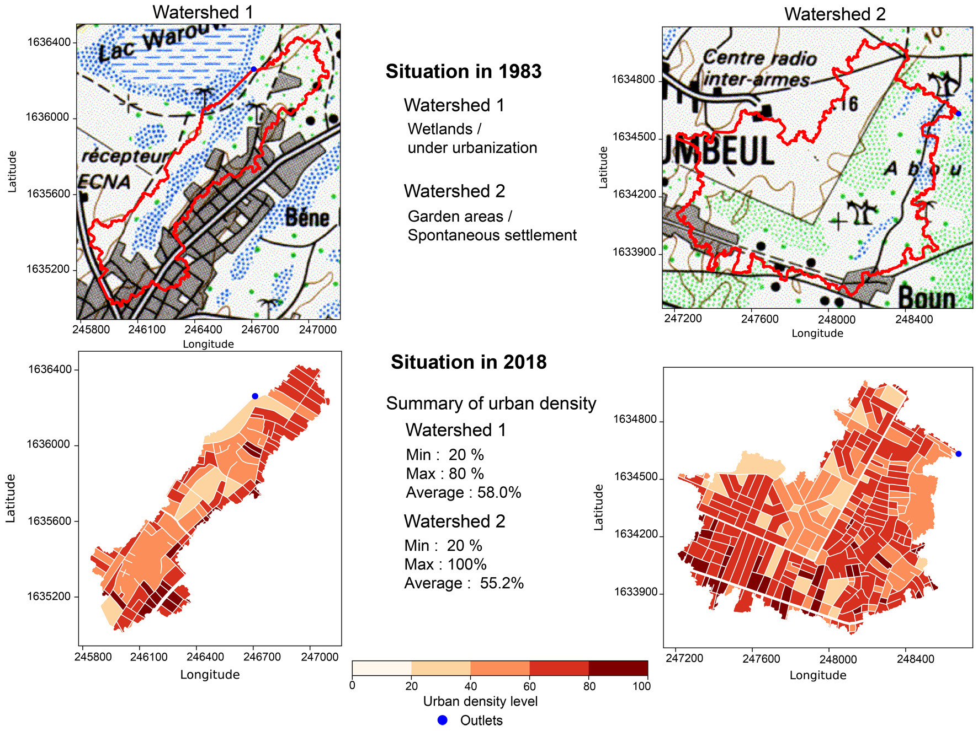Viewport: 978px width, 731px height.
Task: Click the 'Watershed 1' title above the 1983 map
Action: coord(203,12)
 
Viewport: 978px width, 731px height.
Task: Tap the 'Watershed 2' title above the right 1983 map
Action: coord(835,14)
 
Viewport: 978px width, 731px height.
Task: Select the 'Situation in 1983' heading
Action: coord(463,72)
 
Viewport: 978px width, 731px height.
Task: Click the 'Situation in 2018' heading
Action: coord(469,362)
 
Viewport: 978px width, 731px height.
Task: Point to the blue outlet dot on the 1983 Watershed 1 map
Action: coord(253,69)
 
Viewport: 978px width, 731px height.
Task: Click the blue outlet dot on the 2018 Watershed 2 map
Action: coord(958,454)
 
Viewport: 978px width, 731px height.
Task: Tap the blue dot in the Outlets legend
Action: coord(442,720)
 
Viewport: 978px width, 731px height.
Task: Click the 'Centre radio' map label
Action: coord(759,57)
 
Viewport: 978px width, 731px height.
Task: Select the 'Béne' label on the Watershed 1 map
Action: coord(307,218)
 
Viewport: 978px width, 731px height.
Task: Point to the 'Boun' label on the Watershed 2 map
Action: coord(927,298)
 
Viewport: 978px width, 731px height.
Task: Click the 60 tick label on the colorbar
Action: coord(529,686)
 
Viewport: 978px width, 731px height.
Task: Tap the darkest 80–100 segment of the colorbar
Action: coord(618,668)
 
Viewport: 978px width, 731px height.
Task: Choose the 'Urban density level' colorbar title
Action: coord(480,701)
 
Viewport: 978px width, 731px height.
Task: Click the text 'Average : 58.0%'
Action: coord(463,492)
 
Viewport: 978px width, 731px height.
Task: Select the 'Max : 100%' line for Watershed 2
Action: coord(445,565)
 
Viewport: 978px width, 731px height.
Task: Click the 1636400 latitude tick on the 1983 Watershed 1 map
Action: coord(49,42)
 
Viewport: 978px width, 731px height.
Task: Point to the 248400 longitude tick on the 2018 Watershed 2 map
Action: coord(915,659)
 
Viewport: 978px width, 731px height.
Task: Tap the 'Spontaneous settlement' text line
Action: coord(492,235)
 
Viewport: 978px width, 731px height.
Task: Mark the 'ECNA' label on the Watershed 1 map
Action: coord(105,181)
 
